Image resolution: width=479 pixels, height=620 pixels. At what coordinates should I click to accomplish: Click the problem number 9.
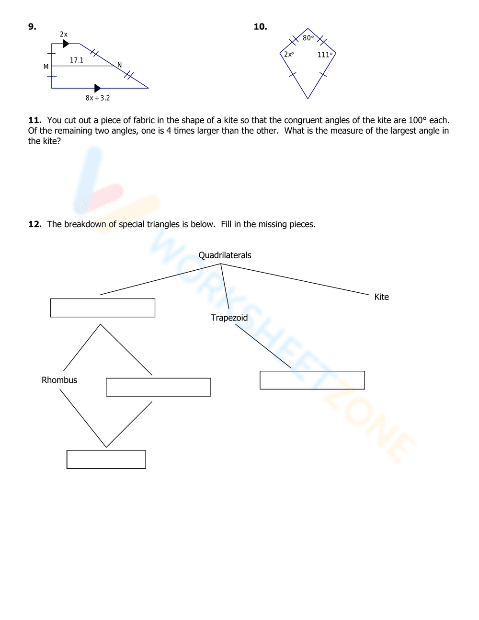coord(32,27)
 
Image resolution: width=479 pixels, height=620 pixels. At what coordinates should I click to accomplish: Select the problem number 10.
coord(260,27)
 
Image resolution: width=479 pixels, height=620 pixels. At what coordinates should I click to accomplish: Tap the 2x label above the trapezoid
coord(64,34)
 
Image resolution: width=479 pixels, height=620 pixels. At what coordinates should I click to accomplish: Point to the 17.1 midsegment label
coord(77,60)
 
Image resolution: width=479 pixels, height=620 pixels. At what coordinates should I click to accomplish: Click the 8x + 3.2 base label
coord(98,98)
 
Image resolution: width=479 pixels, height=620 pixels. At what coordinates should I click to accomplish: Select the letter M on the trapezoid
coord(46,67)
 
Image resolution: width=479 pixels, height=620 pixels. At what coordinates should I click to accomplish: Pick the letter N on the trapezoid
coord(119,65)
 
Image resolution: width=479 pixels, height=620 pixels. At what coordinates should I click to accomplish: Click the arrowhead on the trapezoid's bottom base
coord(98,88)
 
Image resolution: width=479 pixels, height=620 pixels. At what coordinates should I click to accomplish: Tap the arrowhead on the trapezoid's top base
coord(66,44)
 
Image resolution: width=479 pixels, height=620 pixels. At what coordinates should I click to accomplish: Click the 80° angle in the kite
coord(308,38)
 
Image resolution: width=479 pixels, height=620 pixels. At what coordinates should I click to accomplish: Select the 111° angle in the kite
coord(325,55)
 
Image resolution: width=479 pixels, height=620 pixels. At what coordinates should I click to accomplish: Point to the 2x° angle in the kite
coord(289,55)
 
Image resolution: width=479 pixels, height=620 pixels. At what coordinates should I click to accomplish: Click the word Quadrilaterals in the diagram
coord(225,255)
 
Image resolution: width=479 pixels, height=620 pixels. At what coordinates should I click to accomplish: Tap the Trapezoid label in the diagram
coord(229,318)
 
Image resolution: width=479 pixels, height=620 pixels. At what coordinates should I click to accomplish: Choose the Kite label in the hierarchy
coord(381,297)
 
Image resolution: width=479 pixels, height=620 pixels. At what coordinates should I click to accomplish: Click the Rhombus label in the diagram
coord(59,380)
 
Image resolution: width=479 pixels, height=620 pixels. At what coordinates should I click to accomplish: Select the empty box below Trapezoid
coord(312,380)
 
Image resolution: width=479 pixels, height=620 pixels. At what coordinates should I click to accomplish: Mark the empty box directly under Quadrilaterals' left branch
coord(103,308)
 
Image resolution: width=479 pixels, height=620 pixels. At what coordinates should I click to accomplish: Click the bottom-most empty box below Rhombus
coord(106,459)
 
